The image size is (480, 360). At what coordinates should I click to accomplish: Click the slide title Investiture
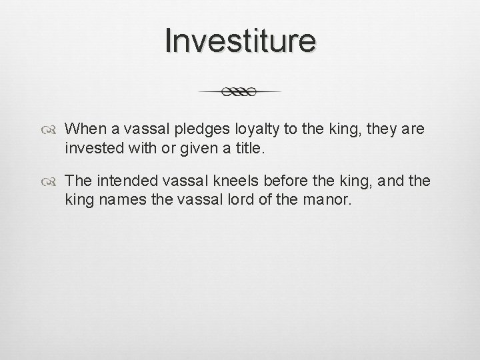click(x=240, y=41)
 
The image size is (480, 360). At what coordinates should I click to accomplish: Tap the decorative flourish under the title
click(x=240, y=92)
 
